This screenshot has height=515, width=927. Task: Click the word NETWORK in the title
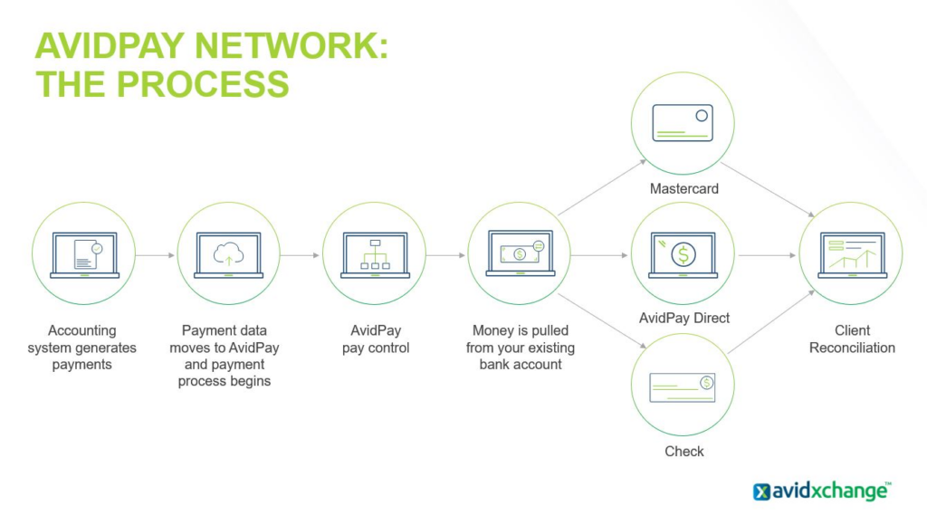tap(291, 45)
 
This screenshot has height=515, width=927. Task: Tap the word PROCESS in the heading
tap(203, 83)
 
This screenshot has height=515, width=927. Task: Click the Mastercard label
tap(684, 188)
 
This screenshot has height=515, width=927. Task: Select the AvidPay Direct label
tap(684, 318)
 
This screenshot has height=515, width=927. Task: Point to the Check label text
tap(684, 452)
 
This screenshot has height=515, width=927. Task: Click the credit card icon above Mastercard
tap(683, 123)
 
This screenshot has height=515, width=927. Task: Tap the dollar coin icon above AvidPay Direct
tap(683, 255)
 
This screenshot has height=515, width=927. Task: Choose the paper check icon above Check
tap(683, 387)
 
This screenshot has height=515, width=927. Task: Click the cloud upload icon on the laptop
tap(228, 255)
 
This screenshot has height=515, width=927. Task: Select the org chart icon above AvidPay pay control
tap(375, 255)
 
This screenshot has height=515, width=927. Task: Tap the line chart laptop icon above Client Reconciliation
tap(853, 255)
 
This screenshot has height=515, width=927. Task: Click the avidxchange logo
tap(822, 491)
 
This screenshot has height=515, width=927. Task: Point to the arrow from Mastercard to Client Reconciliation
tap(768, 190)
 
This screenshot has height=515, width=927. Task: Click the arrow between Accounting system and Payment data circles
tap(155, 255)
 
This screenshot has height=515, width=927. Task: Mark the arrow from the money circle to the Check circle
tap(602, 321)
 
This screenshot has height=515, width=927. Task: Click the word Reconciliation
tap(852, 348)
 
